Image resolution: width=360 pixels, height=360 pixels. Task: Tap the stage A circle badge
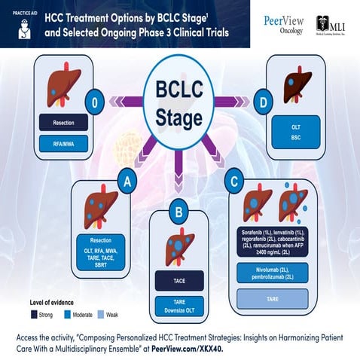pyautogui.click(x=128, y=182)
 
